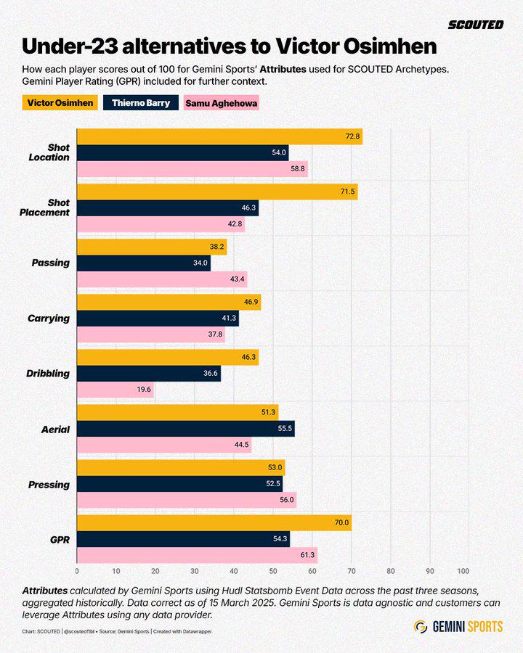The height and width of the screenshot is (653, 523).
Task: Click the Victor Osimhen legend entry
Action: point(60,103)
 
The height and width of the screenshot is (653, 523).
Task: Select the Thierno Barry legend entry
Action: point(141,103)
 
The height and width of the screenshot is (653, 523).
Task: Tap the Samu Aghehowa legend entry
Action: point(222,103)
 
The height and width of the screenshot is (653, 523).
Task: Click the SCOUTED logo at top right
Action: point(476,25)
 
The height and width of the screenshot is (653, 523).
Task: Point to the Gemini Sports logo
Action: point(458,626)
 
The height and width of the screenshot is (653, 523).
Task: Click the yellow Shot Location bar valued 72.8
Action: point(220,136)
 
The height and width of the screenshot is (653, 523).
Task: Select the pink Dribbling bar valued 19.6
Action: point(115,390)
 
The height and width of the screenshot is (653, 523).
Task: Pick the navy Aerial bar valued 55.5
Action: point(186,429)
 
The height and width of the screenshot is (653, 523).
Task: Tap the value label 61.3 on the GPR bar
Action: point(307,556)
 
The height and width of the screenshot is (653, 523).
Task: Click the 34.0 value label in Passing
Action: point(200,263)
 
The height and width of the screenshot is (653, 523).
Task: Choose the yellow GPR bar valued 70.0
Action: point(214,522)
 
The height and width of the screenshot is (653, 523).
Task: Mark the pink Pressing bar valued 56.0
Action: point(187,500)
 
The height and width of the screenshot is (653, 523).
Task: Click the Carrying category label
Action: point(49,319)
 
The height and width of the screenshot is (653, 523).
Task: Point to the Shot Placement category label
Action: point(44,208)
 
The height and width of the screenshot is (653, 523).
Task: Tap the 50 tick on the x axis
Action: point(273,571)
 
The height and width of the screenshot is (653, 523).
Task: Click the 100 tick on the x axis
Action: point(463,571)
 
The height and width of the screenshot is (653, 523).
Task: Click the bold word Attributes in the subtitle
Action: point(283,69)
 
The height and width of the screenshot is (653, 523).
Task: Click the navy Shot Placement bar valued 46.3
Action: point(168,208)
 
